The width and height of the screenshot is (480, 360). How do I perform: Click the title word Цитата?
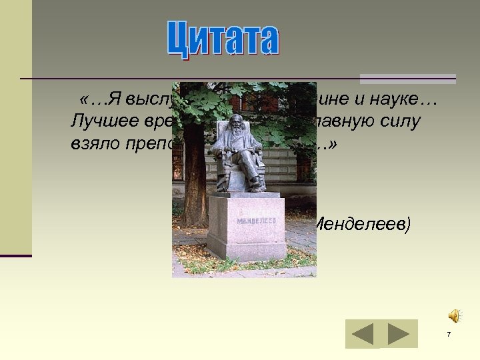coord(223,40)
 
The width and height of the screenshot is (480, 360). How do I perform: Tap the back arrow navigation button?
coord(363,334)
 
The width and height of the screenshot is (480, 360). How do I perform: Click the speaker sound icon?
coord(454,315)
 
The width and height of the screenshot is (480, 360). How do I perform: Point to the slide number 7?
coord(449,334)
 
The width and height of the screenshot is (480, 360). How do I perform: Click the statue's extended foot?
coord(256,181)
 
